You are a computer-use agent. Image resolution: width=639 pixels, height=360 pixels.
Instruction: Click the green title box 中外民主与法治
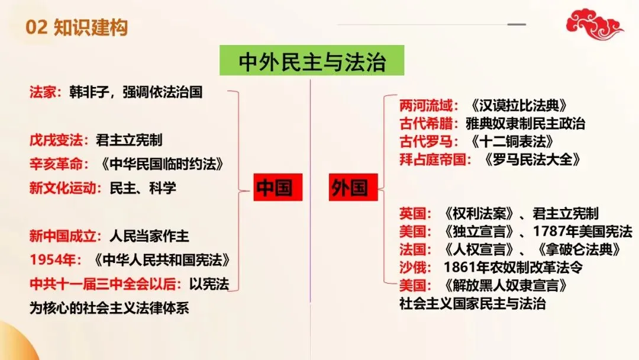(311, 61)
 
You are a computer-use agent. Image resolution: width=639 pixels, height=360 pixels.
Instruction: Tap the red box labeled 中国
(274, 188)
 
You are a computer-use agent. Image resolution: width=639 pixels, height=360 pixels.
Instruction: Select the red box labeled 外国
(348, 188)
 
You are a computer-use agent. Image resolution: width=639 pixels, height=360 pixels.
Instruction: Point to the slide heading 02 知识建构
(77, 27)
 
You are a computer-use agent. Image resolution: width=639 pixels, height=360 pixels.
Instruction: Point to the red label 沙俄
(412, 267)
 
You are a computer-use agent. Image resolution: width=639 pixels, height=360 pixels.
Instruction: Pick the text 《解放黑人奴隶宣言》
(506, 285)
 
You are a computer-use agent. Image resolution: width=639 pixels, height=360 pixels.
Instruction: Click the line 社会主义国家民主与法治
(472, 304)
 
